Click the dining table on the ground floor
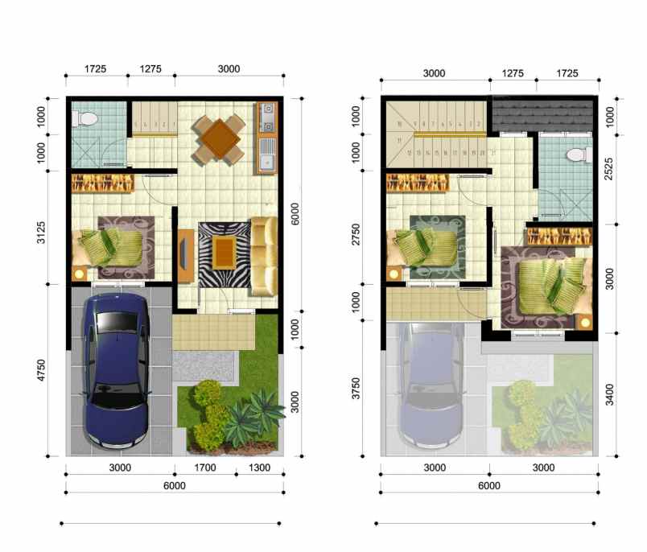(x=218, y=138)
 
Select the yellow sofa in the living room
(x=263, y=255)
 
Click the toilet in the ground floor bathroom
(x=85, y=119)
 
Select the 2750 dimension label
(x=357, y=238)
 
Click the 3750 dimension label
(x=357, y=382)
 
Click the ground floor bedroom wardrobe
(x=103, y=183)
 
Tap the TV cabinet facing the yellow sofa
(x=185, y=255)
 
